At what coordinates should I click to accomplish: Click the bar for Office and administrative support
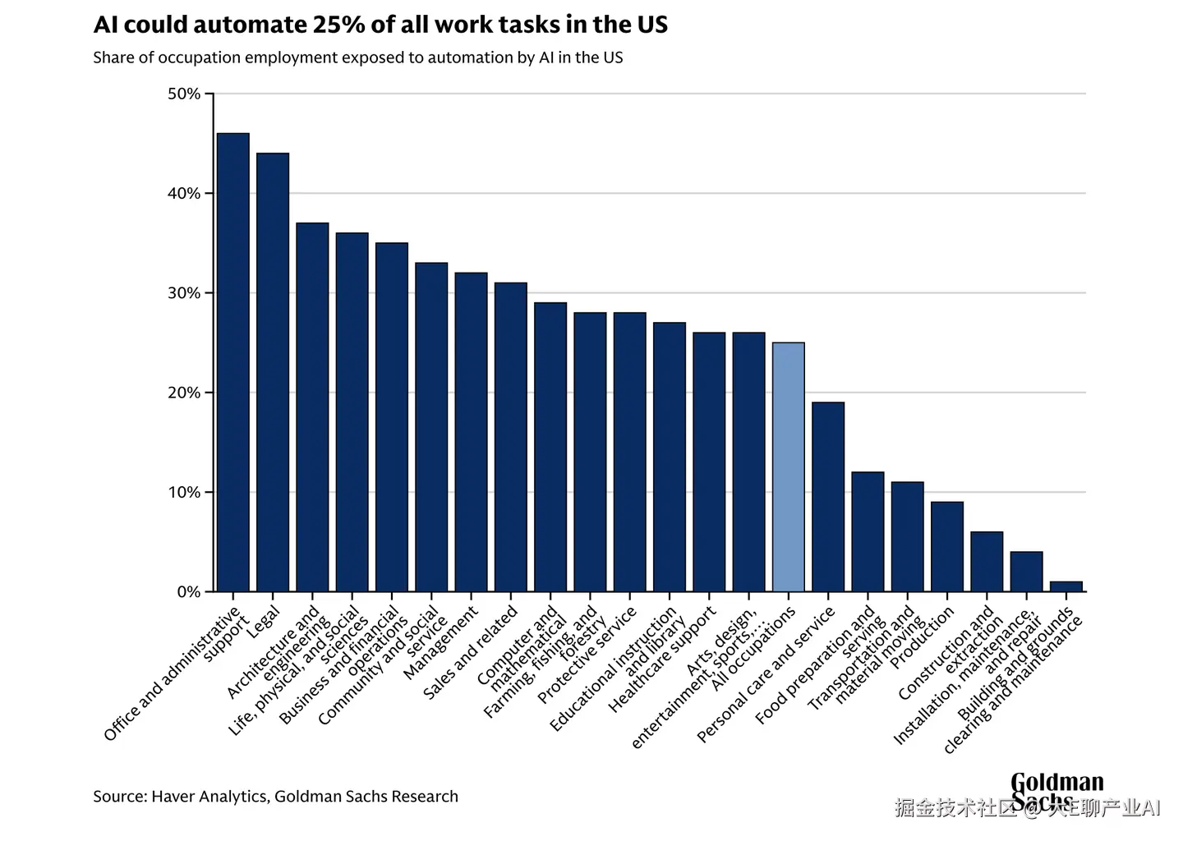click(x=233, y=362)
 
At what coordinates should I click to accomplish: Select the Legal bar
click(x=273, y=372)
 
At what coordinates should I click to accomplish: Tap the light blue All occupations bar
click(x=789, y=466)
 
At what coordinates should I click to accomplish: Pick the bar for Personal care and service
click(x=828, y=497)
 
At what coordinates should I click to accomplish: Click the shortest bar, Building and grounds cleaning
click(x=1066, y=586)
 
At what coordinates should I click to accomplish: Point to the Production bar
click(x=947, y=546)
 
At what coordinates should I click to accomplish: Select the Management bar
click(x=471, y=432)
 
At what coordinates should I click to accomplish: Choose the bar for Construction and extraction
click(x=987, y=562)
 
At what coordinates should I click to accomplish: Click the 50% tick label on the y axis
click(x=184, y=94)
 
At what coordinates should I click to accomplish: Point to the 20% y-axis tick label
click(x=184, y=393)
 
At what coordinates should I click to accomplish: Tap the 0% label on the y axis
click(x=188, y=591)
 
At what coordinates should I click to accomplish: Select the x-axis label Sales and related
click(x=470, y=652)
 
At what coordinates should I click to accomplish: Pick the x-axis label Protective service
click(x=587, y=655)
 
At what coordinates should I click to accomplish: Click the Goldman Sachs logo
click(x=1056, y=790)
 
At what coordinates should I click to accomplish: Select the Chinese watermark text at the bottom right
click(x=1027, y=808)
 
